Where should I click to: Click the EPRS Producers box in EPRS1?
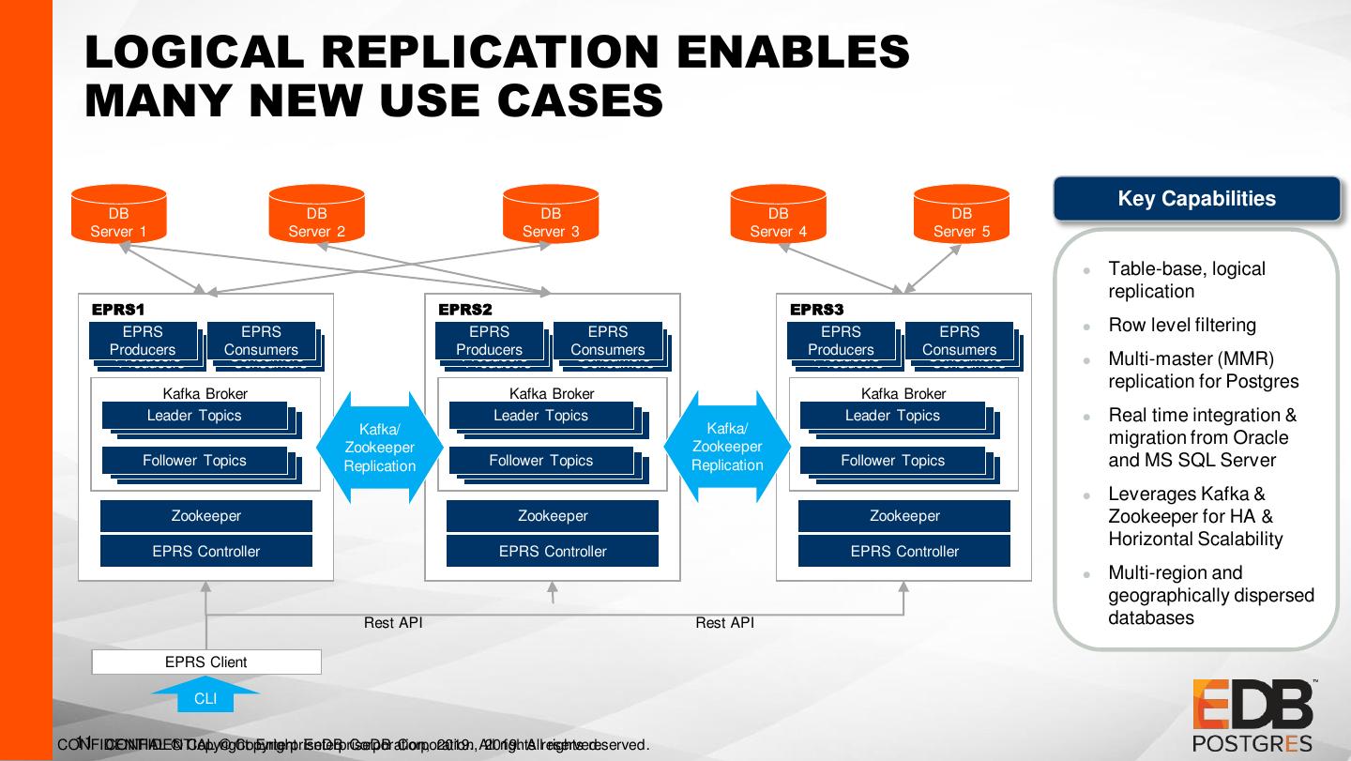tap(143, 340)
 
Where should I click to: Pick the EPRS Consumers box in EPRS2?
tap(607, 340)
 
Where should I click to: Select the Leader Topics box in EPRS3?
tap(892, 416)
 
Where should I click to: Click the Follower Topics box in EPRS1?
tap(194, 461)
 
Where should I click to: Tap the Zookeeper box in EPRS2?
tap(553, 516)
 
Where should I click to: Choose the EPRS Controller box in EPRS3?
tap(904, 552)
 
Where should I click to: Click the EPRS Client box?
tap(206, 662)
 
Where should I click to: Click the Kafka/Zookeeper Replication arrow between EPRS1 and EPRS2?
tap(379, 448)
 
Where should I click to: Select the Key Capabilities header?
tap(1196, 199)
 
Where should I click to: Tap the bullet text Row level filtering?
tap(1182, 326)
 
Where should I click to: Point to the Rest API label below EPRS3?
tap(724, 622)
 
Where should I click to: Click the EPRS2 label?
tap(465, 310)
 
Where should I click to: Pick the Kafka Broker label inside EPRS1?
tap(205, 394)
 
